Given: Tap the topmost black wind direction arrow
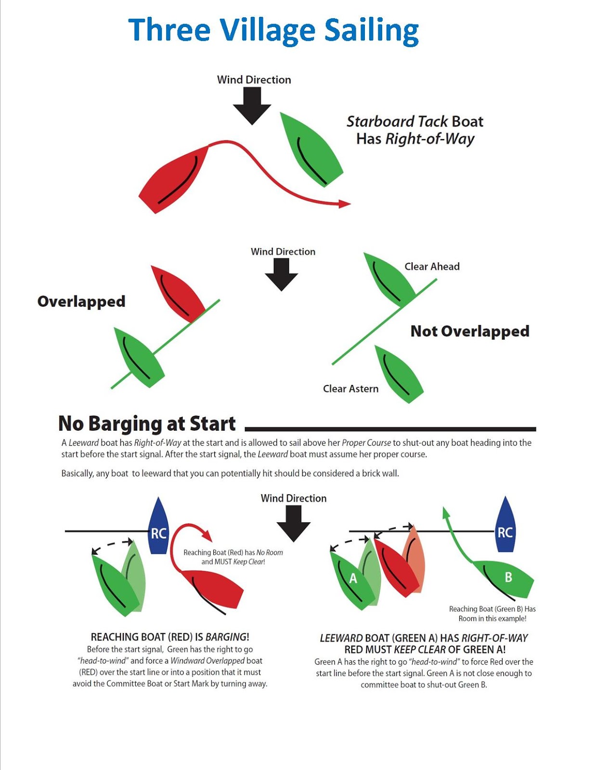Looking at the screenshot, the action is tap(252, 105).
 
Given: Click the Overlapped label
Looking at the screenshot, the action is tap(81, 301).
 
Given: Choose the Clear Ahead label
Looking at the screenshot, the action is tap(432, 267).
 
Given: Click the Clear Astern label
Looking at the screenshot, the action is tap(350, 389).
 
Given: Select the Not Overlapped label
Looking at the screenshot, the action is tap(469, 331).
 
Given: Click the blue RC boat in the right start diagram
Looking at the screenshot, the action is tap(505, 527).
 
